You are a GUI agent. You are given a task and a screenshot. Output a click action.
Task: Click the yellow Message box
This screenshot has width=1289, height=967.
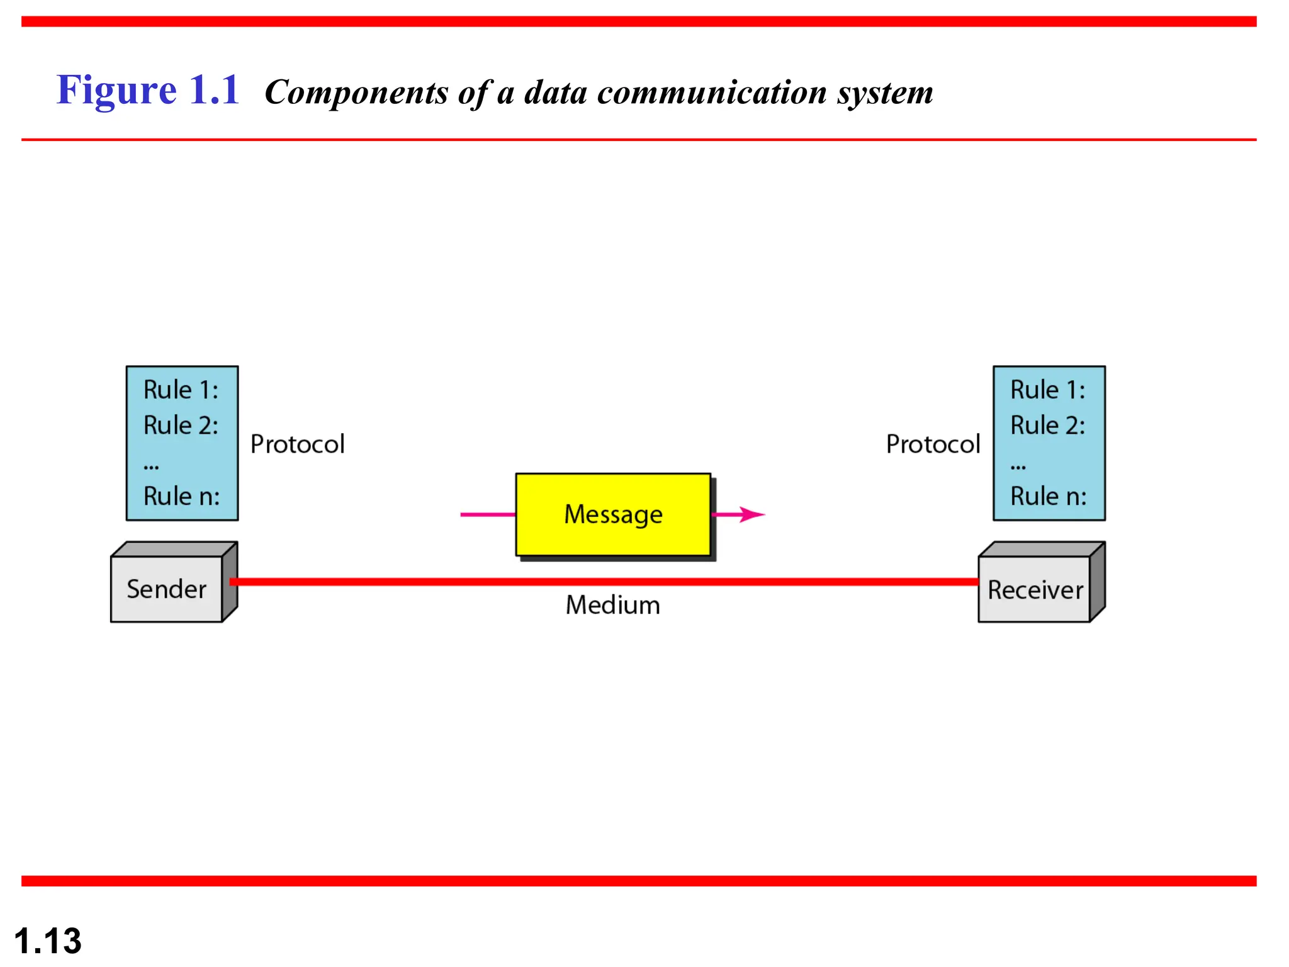[x=613, y=514]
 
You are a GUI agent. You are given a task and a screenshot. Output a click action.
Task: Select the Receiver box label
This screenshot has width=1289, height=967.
[x=1035, y=591]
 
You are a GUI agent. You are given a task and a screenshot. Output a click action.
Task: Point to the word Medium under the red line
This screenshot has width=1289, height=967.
[x=612, y=605]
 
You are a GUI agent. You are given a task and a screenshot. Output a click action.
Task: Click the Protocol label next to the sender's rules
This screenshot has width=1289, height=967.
[x=297, y=444]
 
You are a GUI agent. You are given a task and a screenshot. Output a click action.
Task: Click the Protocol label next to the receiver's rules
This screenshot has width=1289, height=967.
[x=933, y=444]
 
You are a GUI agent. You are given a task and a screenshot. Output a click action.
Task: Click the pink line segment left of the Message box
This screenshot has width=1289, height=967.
[x=487, y=514]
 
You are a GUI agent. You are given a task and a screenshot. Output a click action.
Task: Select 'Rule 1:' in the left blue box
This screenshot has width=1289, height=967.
[x=181, y=390]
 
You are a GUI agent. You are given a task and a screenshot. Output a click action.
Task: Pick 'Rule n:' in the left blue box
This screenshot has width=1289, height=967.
[x=181, y=496]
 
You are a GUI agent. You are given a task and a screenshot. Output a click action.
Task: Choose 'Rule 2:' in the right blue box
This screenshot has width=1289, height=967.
[x=1047, y=426]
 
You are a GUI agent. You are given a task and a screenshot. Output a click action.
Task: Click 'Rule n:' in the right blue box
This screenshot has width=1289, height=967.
[x=1048, y=496]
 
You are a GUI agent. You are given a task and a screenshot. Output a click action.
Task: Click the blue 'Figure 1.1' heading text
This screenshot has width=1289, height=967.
[x=148, y=90]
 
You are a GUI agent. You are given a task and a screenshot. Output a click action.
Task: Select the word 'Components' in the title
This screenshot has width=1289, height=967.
[x=356, y=93]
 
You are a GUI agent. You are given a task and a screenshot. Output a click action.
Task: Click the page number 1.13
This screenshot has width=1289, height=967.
[x=48, y=941]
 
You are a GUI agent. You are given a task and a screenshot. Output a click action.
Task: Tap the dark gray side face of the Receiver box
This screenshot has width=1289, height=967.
[x=1097, y=582]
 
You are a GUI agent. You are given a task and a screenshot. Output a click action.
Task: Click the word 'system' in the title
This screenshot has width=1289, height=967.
[x=884, y=93]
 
